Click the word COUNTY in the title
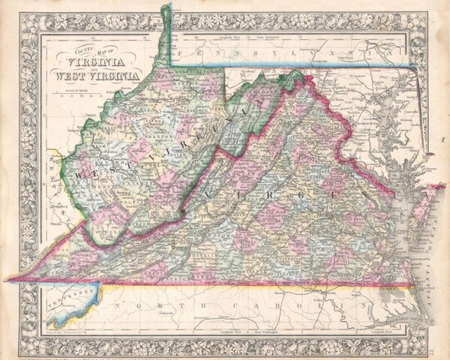(65, 49)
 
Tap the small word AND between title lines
(96, 67)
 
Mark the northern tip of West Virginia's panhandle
(166, 7)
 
